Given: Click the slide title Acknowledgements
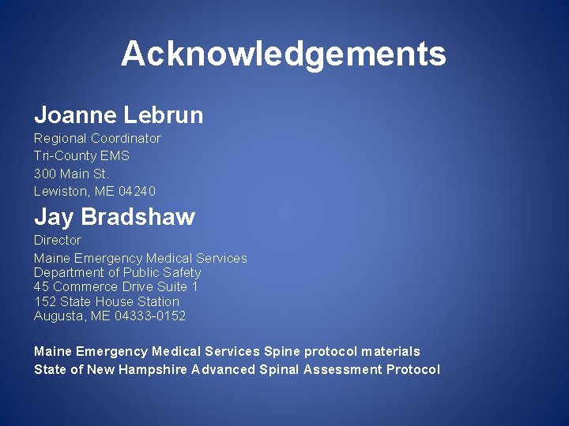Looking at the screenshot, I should click(x=284, y=54).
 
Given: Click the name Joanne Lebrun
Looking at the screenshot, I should click(x=119, y=115).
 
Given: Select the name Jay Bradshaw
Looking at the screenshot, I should click(x=114, y=216).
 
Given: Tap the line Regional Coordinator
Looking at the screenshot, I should click(x=97, y=138).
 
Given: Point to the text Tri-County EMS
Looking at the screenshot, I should click(x=81, y=155).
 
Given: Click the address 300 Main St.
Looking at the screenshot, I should click(x=71, y=174).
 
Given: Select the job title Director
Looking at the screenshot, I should click(x=58, y=240).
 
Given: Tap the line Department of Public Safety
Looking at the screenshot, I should click(x=117, y=272).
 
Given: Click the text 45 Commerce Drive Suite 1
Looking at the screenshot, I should click(x=116, y=286).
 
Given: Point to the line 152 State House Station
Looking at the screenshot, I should click(x=107, y=301).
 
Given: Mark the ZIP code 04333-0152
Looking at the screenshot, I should click(x=150, y=316).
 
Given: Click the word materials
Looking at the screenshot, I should click(x=390, y=351).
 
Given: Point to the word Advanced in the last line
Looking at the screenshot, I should click(x=224, y=369).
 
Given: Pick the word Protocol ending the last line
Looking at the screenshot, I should click(x=413, y=369).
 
